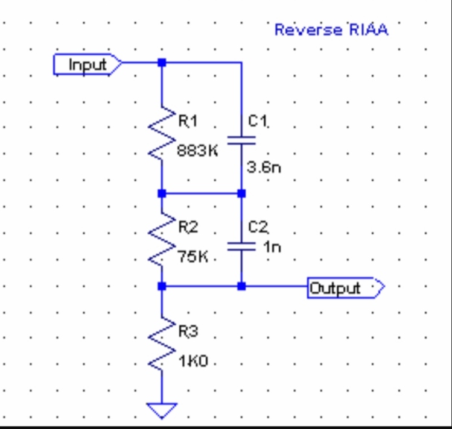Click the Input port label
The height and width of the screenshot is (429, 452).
[x=88, y=64]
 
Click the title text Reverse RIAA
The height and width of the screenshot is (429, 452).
[x=331, y=30]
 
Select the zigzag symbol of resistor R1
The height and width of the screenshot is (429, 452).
[x=161, y=134]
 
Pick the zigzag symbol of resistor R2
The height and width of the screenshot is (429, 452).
[x=161, y=240]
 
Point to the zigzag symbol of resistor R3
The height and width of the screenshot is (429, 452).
[x=161, y=344]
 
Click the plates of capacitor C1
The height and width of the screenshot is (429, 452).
[x=241, y=140]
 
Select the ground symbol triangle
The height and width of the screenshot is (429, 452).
[x=162, y=410]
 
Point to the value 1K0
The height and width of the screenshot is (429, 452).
[x=193, y=362]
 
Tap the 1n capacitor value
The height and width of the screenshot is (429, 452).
[x=272, y=246]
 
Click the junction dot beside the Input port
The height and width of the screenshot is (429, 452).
[x=161, y=62]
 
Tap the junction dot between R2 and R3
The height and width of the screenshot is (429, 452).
[x=161, y=286]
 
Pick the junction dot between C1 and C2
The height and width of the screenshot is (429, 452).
[x=241, y=193]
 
